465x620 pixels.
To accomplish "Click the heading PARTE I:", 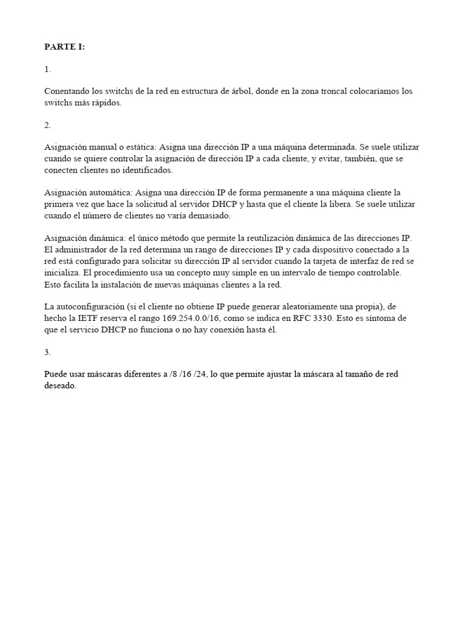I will coord(65,47).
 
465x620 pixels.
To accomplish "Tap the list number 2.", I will coord(47,125).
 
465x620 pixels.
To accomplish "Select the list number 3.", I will coord(47,352).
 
